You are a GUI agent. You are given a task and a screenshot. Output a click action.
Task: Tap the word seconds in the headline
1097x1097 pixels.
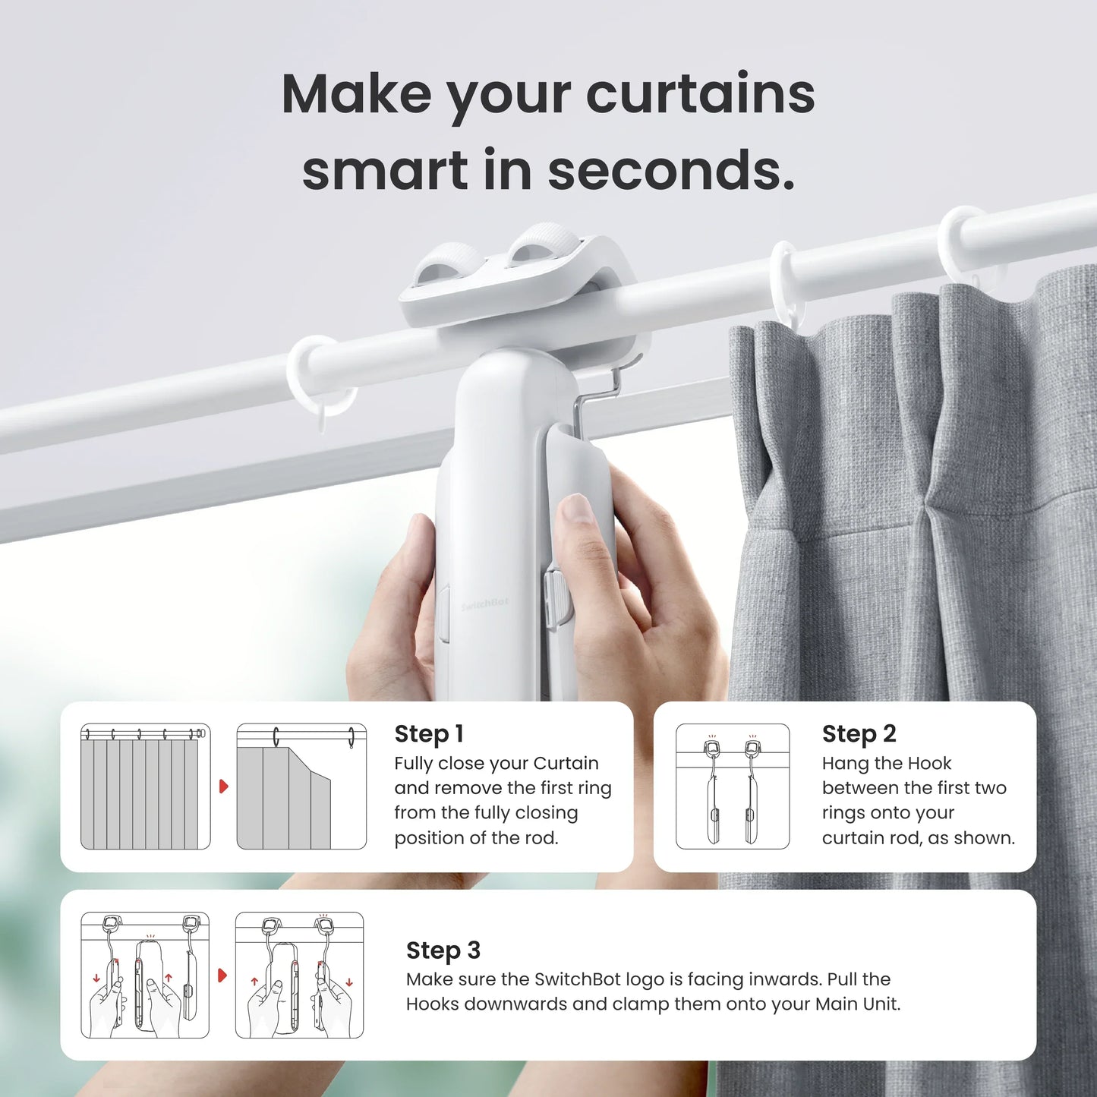pos(671,170)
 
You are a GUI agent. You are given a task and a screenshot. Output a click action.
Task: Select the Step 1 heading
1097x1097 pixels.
pos(428,733)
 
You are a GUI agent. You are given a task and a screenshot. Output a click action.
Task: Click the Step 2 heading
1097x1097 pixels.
pos(859,733)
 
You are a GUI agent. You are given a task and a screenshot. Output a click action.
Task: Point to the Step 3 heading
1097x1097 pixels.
pos(443,950)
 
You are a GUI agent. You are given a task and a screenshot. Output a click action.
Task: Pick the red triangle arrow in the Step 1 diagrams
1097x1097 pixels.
pos(223,786)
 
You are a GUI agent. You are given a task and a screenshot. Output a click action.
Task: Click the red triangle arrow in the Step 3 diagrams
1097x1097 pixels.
pos(222,975)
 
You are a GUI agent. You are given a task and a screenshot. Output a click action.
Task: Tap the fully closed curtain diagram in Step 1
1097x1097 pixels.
pos(145,786)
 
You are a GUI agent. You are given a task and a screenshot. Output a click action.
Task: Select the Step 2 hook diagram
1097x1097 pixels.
pos(733,786)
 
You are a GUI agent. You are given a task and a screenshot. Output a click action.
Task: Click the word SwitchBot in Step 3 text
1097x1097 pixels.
pos(578,979)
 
